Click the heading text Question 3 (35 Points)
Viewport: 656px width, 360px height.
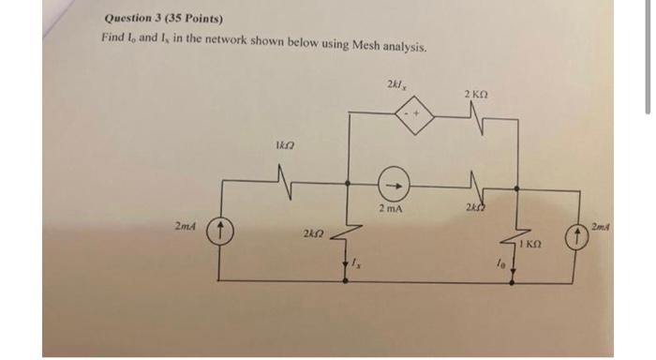point(157,18)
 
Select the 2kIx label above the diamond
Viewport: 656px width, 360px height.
point(395,86)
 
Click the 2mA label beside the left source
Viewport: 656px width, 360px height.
point(186,226)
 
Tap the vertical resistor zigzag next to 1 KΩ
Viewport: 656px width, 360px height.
point(513,239)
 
